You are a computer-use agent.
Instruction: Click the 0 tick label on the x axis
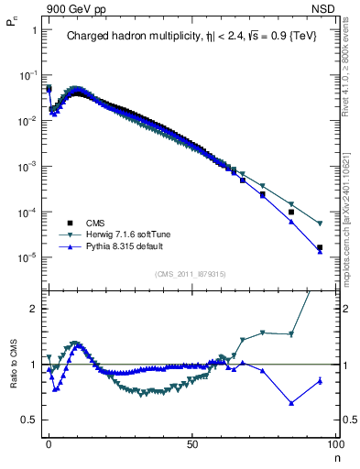point(49,445)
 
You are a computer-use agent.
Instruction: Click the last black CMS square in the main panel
point(320,247)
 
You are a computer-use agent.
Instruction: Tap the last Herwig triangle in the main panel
point(320,224)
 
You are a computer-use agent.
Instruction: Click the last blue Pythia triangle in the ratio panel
point(320,381)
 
